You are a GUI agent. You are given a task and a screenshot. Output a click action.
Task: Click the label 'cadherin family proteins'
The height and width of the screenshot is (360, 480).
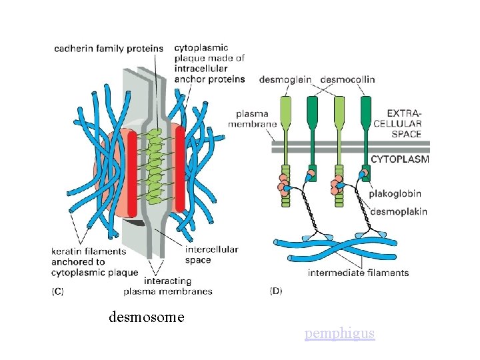pyautogui.click(x=109, y=48)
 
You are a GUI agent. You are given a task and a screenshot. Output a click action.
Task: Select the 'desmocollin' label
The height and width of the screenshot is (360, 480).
pyautogui.click(x=347, y=79)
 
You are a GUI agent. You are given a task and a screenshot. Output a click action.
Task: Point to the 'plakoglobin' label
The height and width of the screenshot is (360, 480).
pyautogui.click(x=396, y=194)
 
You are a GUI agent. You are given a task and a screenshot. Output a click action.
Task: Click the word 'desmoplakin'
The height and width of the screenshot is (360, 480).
pyautogui.click(x=398, y=211)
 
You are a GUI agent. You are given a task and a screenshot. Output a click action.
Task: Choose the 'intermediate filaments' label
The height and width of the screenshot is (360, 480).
pyautogui.click(x=358, y=272)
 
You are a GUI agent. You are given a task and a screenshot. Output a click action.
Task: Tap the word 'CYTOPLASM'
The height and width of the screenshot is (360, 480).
pyautogui.click(x=400, y=159)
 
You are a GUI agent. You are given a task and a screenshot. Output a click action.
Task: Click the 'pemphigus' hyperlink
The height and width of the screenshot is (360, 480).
pyautogui.click(x=339, y=333)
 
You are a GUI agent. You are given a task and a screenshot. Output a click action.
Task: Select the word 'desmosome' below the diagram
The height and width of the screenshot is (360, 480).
pyautogui.click(x=146, y=317)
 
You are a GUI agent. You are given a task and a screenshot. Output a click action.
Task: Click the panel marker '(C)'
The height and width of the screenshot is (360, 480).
pyautogui.click(x=59, y=291)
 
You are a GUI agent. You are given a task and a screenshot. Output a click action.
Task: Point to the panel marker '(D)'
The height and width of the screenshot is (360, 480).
pyautogui.click(x=275, y=291)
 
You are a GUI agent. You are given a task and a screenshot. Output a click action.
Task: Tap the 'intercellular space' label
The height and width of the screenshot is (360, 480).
pyautogui.click(x=212, y=255)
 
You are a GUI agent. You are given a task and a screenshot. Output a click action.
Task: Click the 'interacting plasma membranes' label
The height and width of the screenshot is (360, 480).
pyautogui.click(x=168, y=286)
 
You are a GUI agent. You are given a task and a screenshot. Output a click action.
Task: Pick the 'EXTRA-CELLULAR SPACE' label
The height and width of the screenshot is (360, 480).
pyautogui.click(x=397, y=123)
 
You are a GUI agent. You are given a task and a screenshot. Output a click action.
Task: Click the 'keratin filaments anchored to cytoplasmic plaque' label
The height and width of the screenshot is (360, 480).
pyautogui.click(x=95, y=261)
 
